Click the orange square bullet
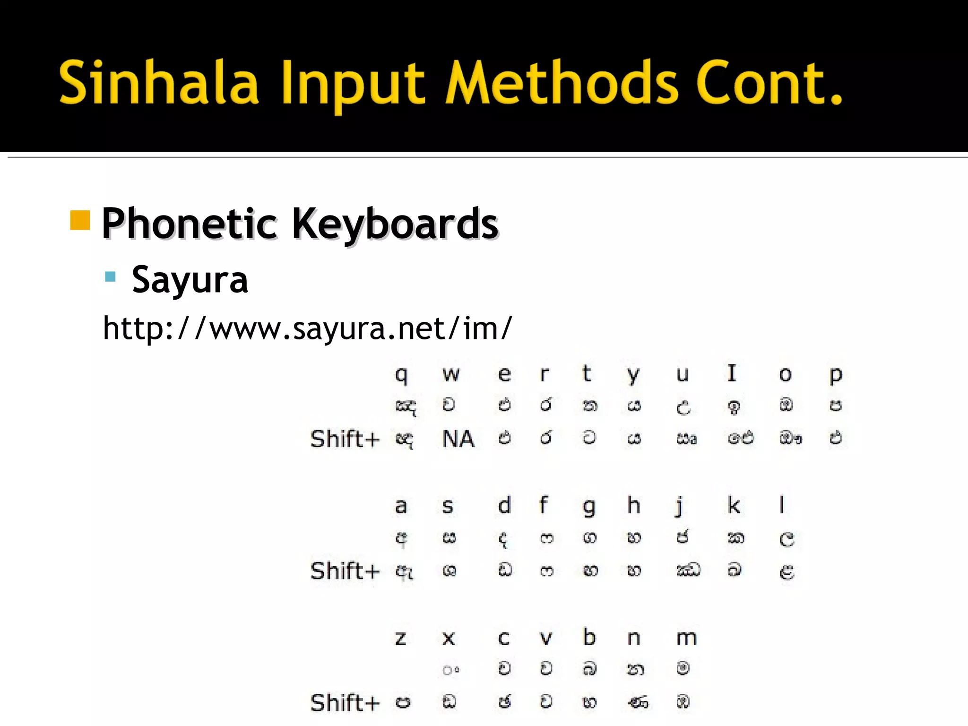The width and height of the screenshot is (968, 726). pos(80,220)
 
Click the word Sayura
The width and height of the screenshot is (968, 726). pos(190,280)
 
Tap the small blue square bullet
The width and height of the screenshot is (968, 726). pos(111,277)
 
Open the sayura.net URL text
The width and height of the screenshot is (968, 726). pos(307,328)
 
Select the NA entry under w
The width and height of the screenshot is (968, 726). pos(458,439)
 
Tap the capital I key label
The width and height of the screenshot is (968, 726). pos(732,373)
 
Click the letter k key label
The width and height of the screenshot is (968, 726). pos(734,505)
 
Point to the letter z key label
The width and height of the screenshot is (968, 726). pos(401,639)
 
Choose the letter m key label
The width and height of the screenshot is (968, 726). pos(686,639)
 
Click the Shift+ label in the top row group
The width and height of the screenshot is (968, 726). pos(345,439)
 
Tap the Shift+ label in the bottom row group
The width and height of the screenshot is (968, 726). pos(345,703)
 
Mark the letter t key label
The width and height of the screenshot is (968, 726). pos(587,373)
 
